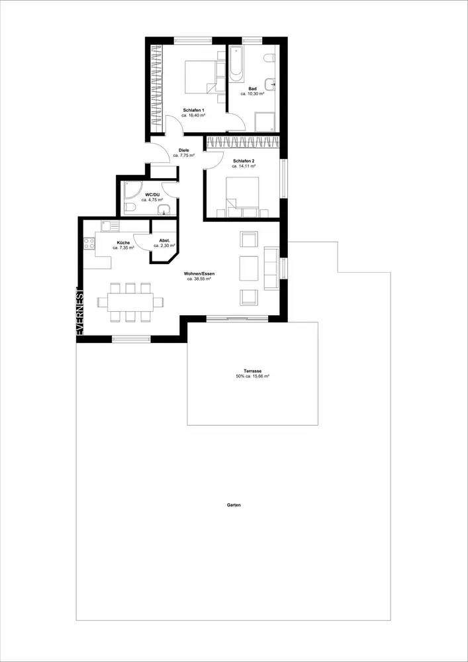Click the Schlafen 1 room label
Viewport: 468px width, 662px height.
[x=194, y=109]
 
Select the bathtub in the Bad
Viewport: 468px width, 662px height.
[x=237, y=64]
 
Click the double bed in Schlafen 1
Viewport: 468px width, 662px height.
[x=201, y=76]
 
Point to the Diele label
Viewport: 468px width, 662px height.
[x=183, y=150]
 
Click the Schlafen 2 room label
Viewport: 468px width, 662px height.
[x=244, y=161]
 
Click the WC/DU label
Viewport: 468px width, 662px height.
[x=152, y=195]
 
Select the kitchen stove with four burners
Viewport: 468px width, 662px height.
[x=89, y=243]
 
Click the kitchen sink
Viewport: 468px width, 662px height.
[x=110, y=226]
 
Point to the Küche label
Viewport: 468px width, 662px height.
[x=123, y=243]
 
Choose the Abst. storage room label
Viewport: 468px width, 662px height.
[x=164, y=240]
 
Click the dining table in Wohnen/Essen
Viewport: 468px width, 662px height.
[x=130, y=302]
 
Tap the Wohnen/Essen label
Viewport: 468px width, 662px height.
[x=199, y=273]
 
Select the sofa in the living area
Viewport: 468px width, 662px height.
[x=271, y=269]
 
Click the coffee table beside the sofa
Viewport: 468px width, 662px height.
[x=248, y=268]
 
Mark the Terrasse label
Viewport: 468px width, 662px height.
[x=253, y=371]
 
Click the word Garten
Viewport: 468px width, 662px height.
[x=234, y=504]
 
